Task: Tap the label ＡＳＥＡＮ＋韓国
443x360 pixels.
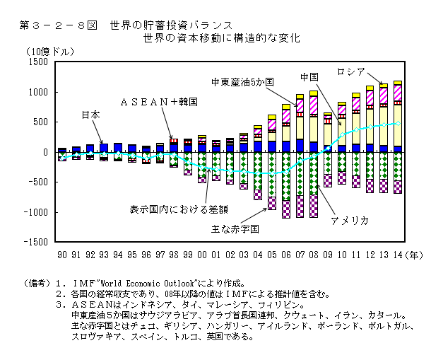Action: pyautogui.click(x=158, y=102)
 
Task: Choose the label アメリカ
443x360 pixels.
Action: pyautogui.click(x=349, y=221)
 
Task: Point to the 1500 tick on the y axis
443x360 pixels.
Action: pyautogui.click(x=37, y=63)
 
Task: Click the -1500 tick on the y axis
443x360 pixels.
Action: pyautogui.click(x=36, y=243)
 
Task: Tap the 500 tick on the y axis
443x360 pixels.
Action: pyautogui.click(x=40, y=122)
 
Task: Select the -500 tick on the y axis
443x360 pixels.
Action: pyautogui.click(x=38, y=182)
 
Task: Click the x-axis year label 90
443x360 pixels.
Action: pyautogui.click(x=62, y=255)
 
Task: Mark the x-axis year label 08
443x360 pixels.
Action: pyautogui.click(x=313, y=255)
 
